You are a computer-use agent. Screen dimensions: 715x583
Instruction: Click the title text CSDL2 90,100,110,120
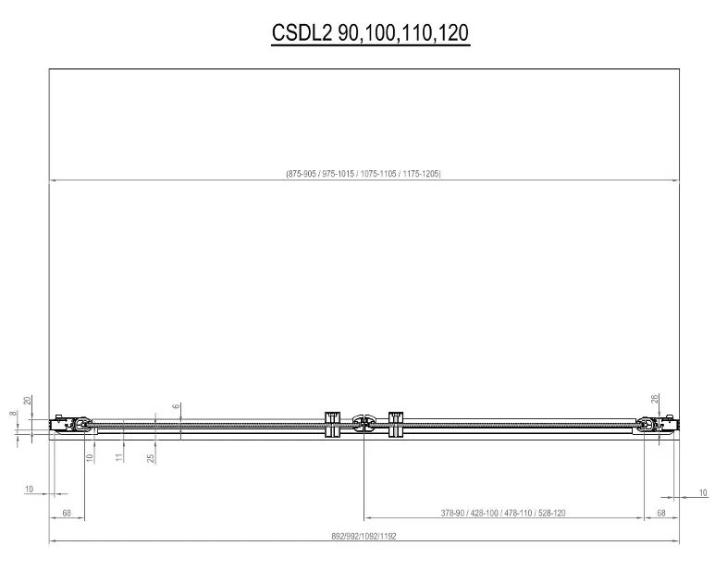[370, 32]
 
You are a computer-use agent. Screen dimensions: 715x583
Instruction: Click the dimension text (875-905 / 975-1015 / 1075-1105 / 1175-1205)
[364, 173]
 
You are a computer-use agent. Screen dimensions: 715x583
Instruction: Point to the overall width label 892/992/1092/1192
[364, 536]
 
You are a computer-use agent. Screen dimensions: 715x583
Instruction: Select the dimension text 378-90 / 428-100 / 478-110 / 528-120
[503, 513]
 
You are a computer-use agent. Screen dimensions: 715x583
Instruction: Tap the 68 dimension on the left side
[67, 513]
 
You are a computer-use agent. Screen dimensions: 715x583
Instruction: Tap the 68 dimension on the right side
[661, 513]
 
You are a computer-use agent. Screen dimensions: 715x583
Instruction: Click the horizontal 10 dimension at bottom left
[29, 489]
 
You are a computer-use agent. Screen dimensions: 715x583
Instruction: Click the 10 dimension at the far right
[703, 492]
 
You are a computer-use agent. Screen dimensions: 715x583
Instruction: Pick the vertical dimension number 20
[28, 401]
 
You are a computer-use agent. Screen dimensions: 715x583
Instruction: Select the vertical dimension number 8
[13, 413]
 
